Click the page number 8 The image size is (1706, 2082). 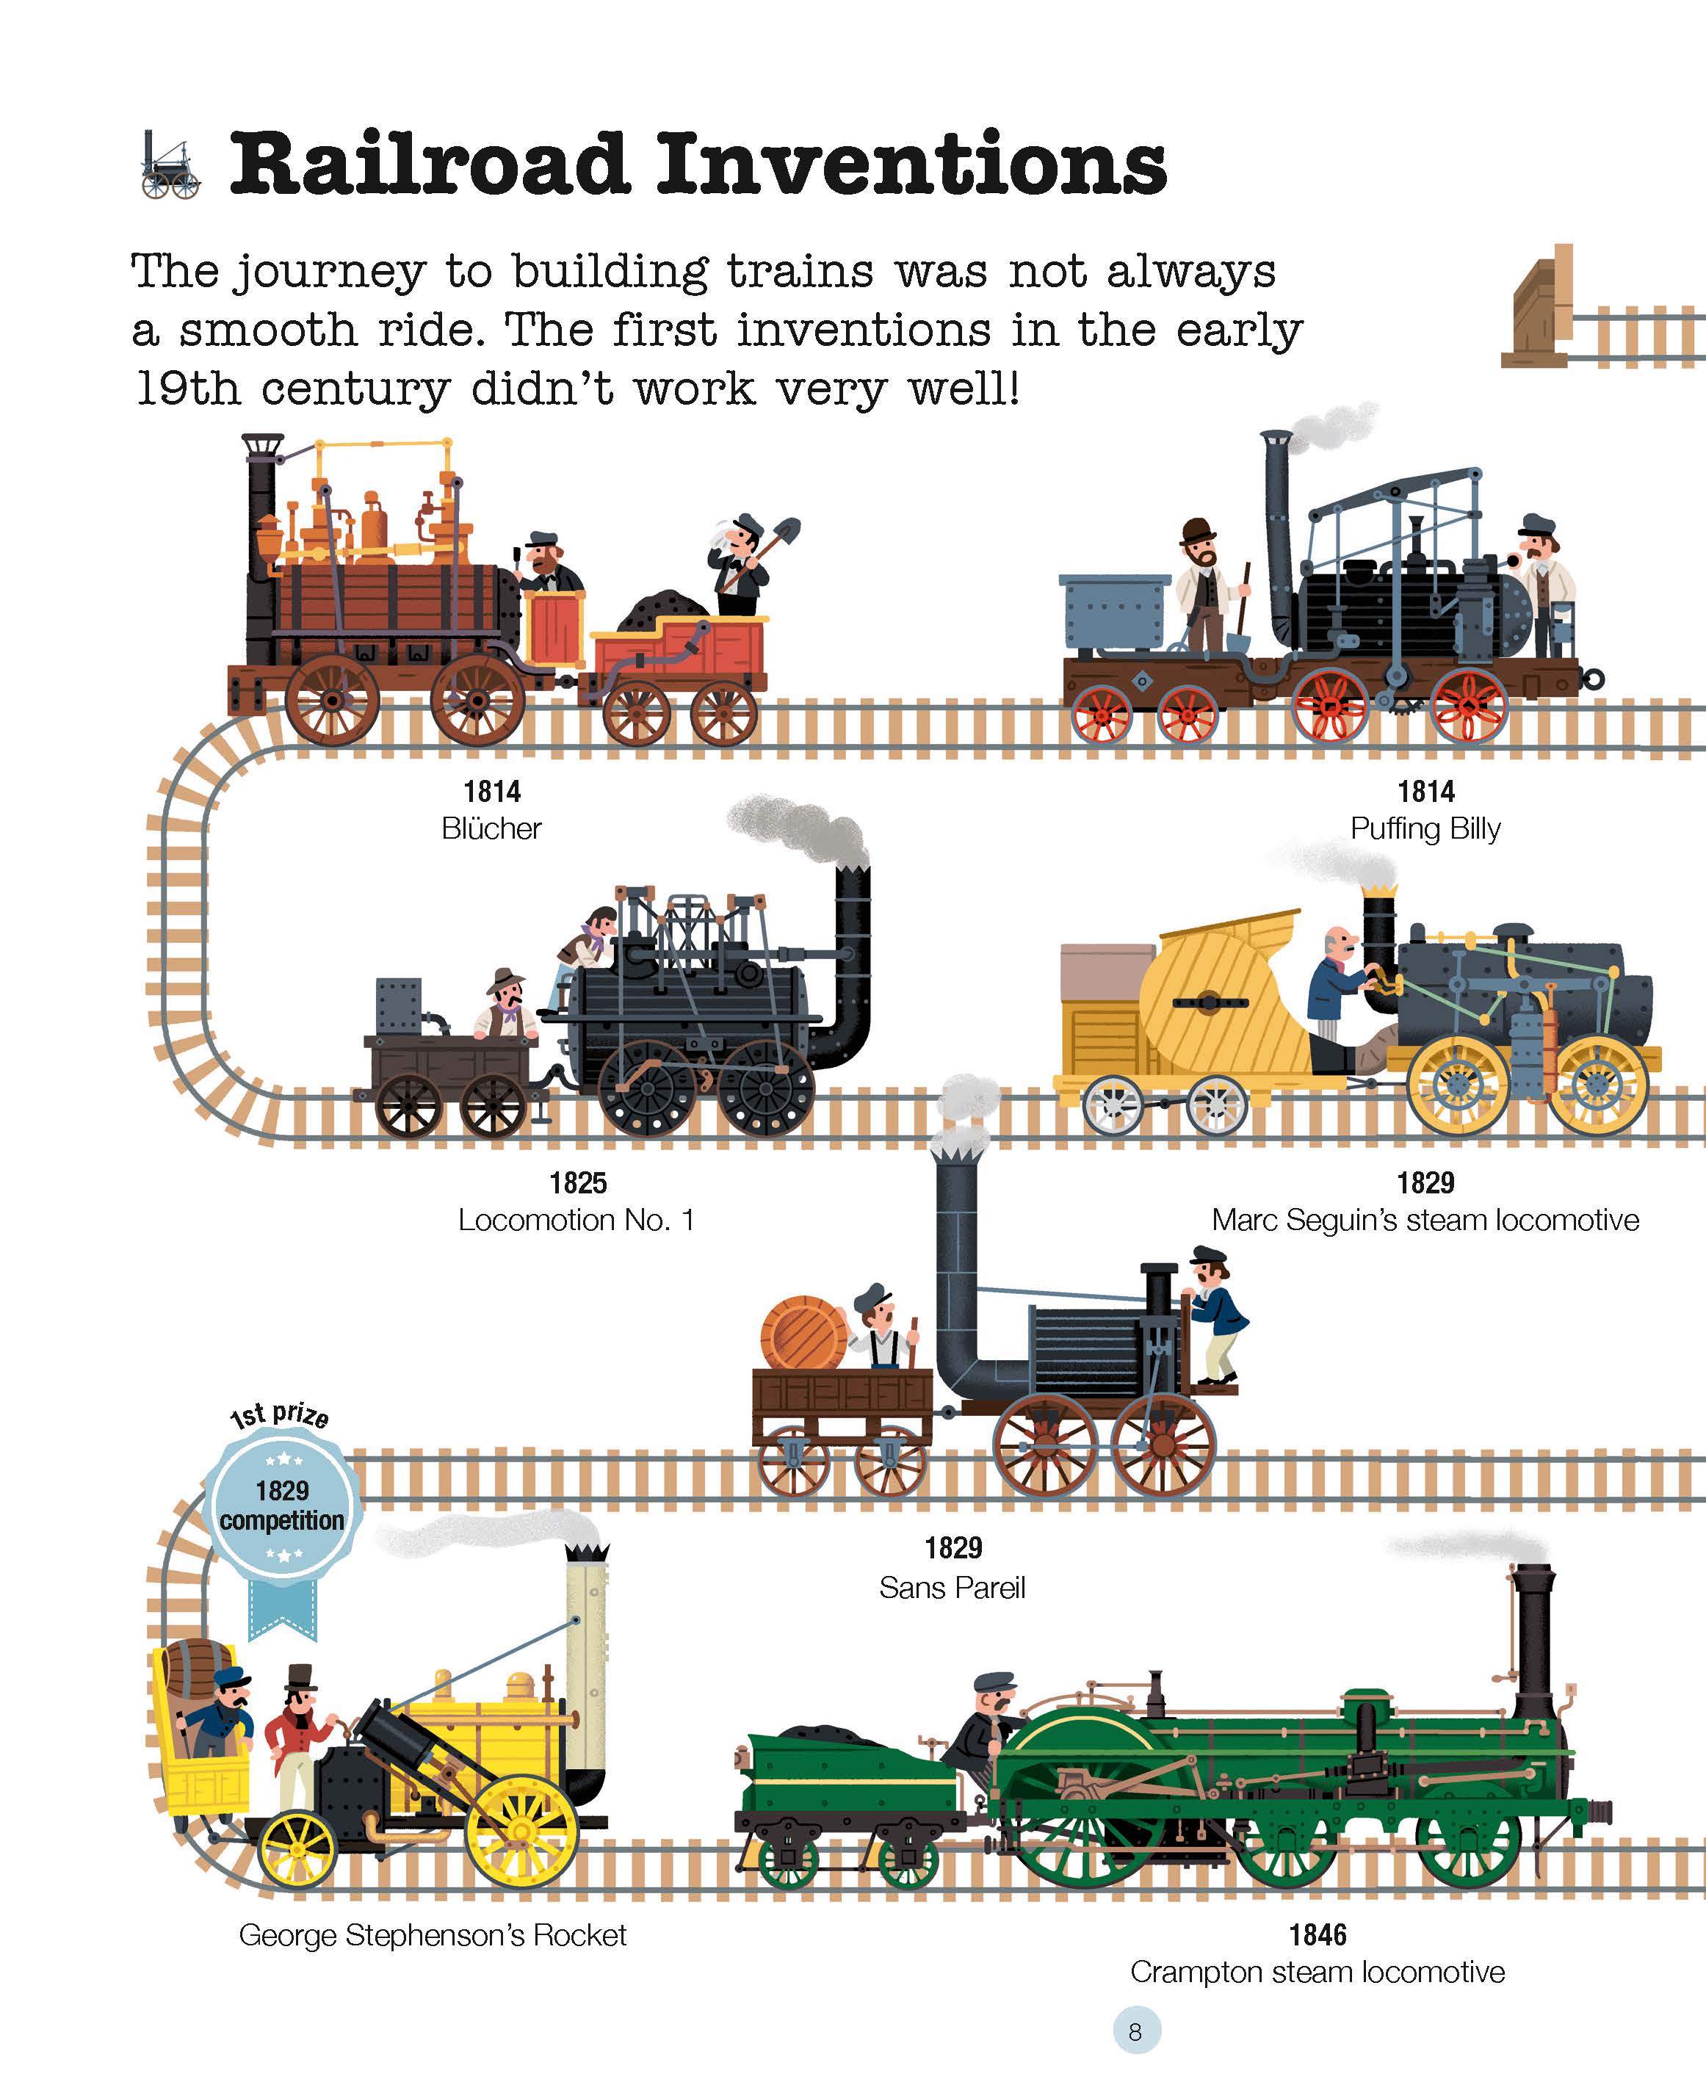[x=1135, y=2032]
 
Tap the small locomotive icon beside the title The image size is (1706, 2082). [x=170, y=165]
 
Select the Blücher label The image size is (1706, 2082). [x=491, y=828]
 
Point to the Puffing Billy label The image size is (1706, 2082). [x=1425, y=828]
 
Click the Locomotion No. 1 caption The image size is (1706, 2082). [x=577, y=1219]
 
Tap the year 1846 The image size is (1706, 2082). [x=1317, y=1934]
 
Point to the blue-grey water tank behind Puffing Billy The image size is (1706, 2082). [x=1114, y=610]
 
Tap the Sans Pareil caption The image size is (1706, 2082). [x=953, y=1588]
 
